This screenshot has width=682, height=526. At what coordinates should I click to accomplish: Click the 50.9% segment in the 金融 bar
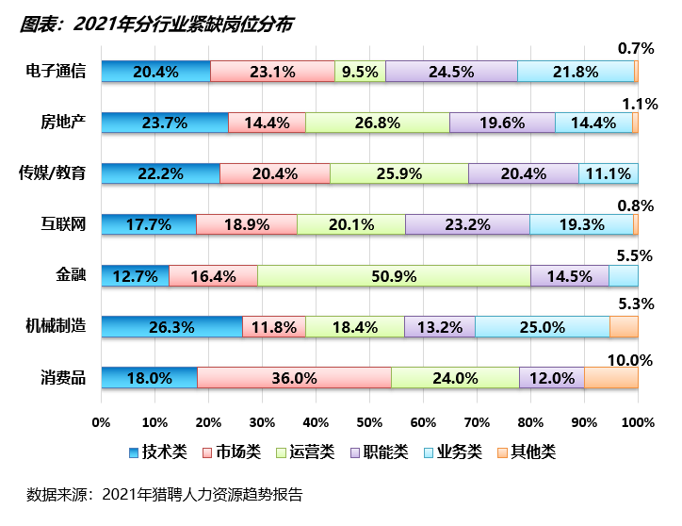(394, 276)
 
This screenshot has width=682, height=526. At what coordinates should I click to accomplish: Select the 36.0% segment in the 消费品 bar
(294, 378)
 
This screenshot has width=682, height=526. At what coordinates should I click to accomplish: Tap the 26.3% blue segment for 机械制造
(171, 327)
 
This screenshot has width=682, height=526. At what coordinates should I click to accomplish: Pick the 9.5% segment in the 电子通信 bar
(360, 72)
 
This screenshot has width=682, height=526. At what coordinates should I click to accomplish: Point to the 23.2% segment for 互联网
(467, 225)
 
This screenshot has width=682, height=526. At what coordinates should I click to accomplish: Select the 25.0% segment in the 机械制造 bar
(542, 327)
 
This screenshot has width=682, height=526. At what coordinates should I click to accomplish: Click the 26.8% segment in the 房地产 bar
(377, 123)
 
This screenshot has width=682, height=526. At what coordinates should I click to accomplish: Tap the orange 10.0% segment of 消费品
(610, 378)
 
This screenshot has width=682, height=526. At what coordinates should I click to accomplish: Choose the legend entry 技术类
(156, 452)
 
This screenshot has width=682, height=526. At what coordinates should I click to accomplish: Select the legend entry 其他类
(525, 452)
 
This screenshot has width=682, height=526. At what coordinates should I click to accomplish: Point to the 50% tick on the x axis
(369, 421)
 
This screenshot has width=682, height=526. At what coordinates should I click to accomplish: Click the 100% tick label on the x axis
(638, 421)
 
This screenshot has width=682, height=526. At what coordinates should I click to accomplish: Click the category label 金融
(72, 276)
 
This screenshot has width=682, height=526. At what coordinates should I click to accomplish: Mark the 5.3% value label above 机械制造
(635, 303)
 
